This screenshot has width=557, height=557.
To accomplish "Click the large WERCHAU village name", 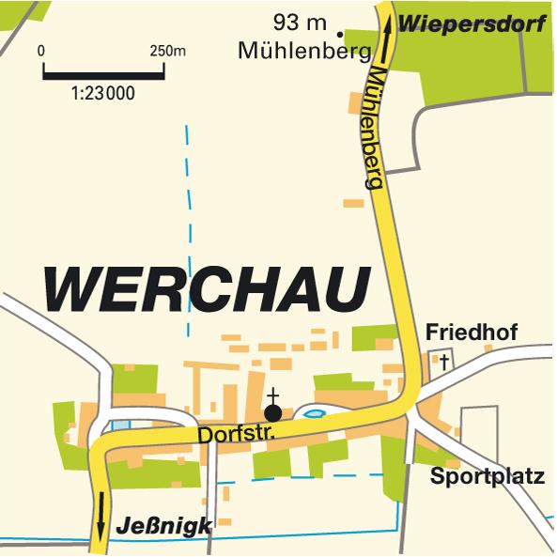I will tap(205, 290).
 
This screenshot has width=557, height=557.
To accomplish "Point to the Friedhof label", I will tap(471, 333).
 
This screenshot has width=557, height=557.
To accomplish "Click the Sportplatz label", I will tap(487, 476).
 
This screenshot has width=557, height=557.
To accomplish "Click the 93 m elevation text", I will tap(299, 21).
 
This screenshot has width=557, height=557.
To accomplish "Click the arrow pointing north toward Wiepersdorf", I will tap(386, 39).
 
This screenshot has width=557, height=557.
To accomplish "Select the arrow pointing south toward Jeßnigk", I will tap(101, 507).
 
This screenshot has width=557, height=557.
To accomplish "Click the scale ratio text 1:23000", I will tap(103, 93).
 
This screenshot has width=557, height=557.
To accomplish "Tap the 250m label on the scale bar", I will tap(167, 50).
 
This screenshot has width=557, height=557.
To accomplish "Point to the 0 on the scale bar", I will tap(42, 50).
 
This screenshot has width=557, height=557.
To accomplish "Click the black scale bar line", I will tap(103, 71).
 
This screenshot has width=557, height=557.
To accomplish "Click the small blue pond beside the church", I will tap(313, 411).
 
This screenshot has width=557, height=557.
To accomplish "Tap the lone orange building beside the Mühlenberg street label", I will tap(352, 202).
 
